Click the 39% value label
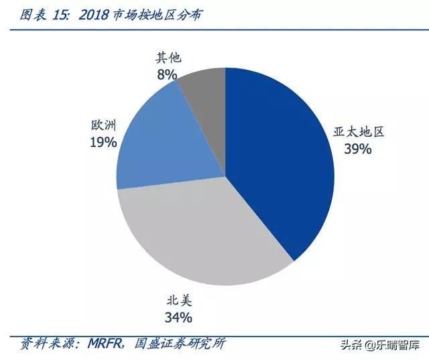(x=357, y=149)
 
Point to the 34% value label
(x=179, y=316)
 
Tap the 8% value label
(x=167, y=74)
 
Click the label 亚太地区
(x=359, y=131)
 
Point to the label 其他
(x=168, y=58)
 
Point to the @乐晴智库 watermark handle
(x=393, y=346)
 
